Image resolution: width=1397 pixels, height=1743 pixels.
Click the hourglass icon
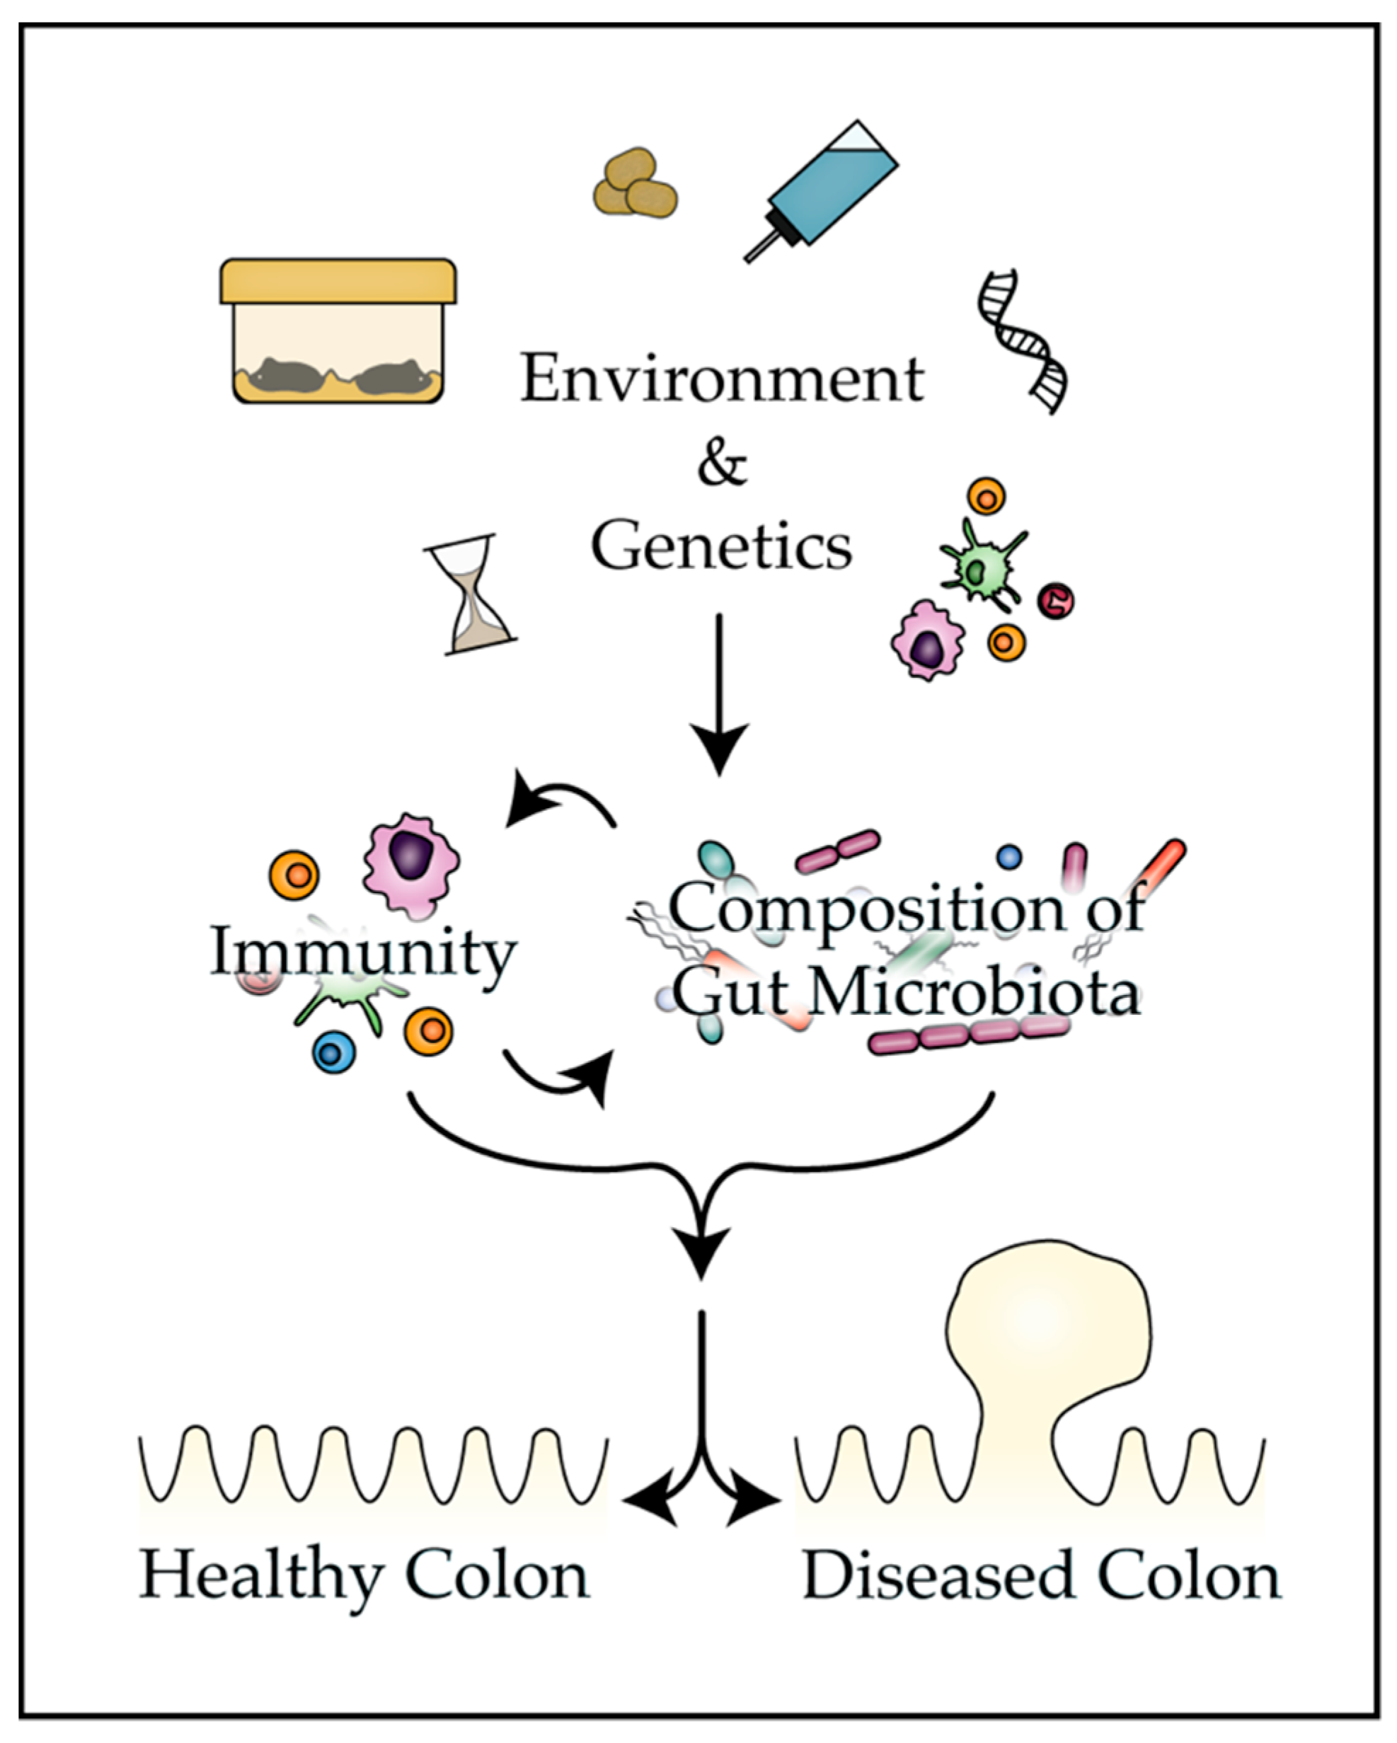pos(471,594)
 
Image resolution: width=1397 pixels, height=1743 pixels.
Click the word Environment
pos(721,379)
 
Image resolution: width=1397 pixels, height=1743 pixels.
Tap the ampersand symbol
pos(721,464)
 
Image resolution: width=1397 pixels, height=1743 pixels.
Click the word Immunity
pos(363,954)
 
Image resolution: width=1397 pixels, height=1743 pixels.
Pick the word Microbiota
pos(975,994)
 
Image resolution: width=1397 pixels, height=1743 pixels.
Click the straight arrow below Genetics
pos(719,695)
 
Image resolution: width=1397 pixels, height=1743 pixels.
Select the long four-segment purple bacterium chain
pos(969,1035)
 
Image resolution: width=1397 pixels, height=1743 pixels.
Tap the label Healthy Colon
pos(364,1577)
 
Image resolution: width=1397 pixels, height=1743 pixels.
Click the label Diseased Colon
pos(1041,1577)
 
